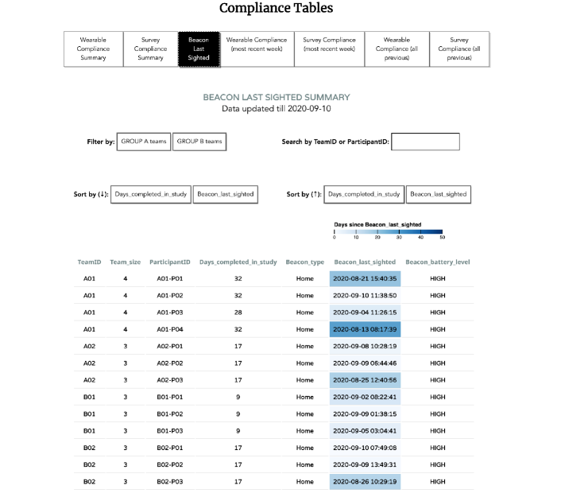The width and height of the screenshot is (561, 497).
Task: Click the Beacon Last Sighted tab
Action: (x=199, y=49)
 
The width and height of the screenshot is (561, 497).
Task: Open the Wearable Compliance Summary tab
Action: (x=93, y=49)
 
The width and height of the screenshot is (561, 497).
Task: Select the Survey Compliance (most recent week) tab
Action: (x=329, y=44)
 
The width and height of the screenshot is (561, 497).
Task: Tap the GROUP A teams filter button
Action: (x=144, y=142)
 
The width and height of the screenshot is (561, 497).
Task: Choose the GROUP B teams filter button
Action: (x=199, y=142)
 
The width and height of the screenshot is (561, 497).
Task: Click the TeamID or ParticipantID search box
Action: (x=425, y=142)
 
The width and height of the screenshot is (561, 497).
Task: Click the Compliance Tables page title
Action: (x=276, y=9)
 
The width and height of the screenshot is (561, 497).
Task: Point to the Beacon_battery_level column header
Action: (x=437, y=262)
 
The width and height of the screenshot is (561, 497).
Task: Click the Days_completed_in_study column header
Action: (x=238, y=262)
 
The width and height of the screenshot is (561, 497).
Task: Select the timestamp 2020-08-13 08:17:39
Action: (x=365, y=328)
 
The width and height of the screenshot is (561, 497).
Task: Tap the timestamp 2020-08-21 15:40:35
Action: (x=365, y=279)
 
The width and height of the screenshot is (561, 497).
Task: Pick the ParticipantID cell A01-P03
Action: (x=170, y=312)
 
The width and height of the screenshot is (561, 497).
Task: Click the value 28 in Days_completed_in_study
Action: (x=238, y=312)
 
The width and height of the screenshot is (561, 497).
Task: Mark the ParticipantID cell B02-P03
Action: (x=170, y=482)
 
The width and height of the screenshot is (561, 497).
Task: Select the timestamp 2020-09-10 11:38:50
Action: (x=365, y=295)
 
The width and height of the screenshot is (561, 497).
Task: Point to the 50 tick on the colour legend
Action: (x=442, y=237)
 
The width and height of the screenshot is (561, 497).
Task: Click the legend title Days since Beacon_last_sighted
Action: (x=378, y=225)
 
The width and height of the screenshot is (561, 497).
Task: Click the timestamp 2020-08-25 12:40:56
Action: (x=365, y=380)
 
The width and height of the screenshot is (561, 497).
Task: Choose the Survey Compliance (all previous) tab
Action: (x=459, y=49)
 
